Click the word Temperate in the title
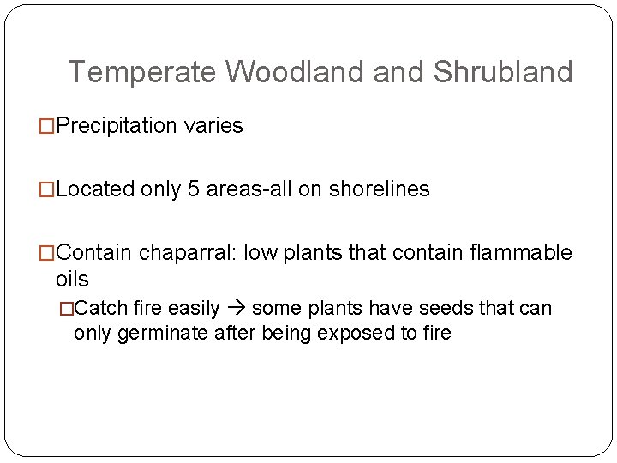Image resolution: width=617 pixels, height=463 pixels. tap(141, 73)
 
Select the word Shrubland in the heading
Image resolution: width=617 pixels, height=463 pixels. tap(502, 73)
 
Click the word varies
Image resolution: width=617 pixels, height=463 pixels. tap(213, 126)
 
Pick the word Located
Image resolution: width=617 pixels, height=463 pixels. tap(95, 189)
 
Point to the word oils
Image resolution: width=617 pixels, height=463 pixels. tap(72, 280)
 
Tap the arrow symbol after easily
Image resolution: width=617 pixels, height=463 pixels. tap(237, 308)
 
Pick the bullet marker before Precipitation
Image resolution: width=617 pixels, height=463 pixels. tap(47, 127)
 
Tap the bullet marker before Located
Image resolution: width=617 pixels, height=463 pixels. tap(47, 190)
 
